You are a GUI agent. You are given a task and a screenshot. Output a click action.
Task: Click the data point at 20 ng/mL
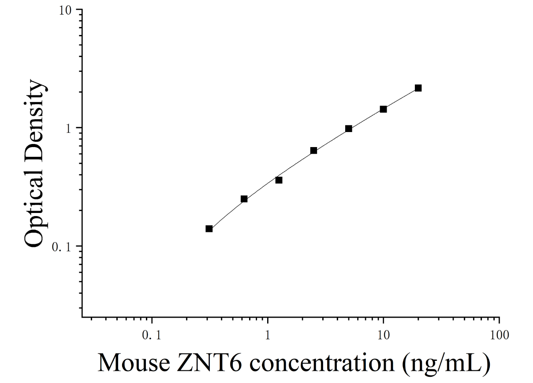(418, 88)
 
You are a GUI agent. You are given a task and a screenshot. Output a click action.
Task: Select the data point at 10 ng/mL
(383, 109)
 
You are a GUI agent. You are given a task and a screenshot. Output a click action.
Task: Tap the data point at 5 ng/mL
(349, 129)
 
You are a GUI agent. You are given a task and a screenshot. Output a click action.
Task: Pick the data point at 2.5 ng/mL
(313, 151)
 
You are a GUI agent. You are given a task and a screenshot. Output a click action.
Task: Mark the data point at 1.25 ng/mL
(279, 180)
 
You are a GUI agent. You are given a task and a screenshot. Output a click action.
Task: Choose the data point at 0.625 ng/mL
(244, 199)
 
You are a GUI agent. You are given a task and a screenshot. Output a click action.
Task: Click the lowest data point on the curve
(209, 229)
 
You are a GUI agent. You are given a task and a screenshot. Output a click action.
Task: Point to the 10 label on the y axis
(65, 11)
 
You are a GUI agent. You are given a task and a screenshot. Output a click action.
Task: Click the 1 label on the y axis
(68, 129)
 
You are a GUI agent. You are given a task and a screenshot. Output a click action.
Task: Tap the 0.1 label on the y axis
(62, 247)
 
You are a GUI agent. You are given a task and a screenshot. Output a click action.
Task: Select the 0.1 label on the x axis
(152, 335)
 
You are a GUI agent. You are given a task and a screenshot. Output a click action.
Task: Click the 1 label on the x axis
(268, 335)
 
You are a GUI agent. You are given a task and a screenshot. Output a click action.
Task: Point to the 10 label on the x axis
(384, 335)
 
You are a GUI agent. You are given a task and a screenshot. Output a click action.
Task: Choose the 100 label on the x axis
(499, 335)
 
